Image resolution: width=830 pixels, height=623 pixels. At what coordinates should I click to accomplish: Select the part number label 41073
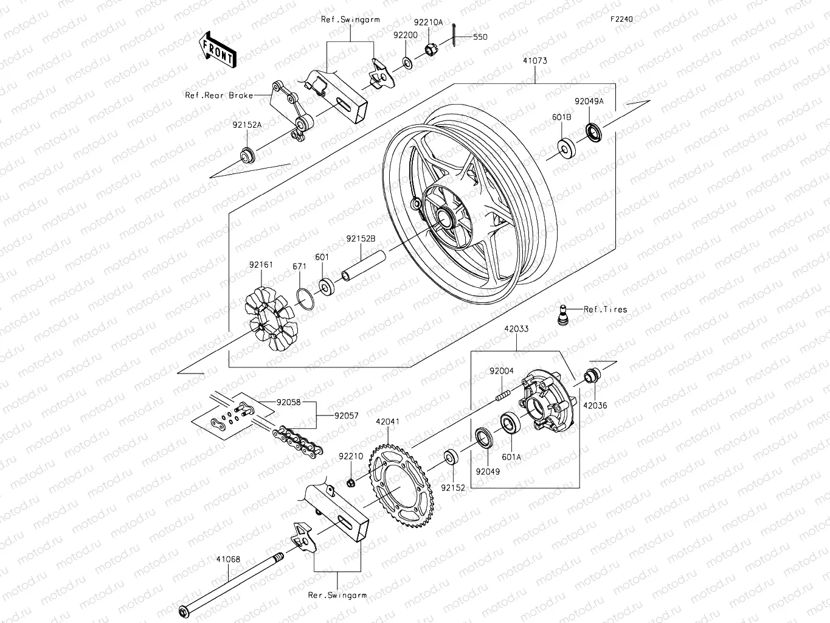534,61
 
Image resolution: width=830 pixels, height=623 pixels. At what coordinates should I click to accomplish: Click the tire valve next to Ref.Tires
563,314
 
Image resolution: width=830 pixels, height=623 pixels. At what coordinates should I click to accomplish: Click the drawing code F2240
622,19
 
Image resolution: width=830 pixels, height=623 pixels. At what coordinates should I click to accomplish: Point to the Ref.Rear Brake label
219,96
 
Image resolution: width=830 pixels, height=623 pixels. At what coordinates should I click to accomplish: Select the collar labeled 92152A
247,156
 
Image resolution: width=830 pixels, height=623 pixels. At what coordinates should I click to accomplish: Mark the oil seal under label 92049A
593,132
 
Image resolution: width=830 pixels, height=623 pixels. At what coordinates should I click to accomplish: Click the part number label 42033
516,329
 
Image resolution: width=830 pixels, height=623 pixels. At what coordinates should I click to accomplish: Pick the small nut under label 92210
351,483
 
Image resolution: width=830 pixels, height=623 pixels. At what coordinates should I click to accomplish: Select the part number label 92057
346,416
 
